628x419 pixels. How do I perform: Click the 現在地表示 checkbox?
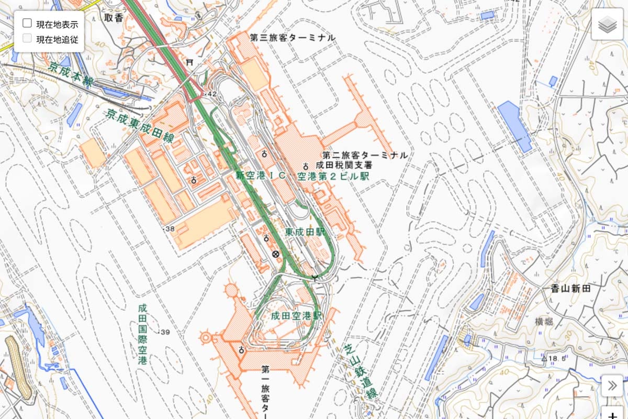click(x=27, y=24)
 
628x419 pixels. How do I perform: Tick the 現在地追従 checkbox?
click(x=27, y=38)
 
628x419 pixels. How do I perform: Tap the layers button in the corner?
click(x=607, y=24)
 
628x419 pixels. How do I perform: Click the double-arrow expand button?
click(x=612, y=386)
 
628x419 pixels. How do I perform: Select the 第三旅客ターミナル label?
click(x=292, y=38)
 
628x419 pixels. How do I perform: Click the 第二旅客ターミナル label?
click(x=365, y=156)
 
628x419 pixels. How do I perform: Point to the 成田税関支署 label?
click(x=342, y=166)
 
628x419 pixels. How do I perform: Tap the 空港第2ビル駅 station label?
click(x=333, y=177)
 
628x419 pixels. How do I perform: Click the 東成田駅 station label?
click(x=305, y=231)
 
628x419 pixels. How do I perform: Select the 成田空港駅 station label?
click(x=296, y=316)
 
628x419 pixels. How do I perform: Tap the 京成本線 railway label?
click(x=71, y=75)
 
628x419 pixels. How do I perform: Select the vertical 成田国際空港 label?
click(x=142, y=334)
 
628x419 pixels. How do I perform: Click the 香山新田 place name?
click(x=570, y=289)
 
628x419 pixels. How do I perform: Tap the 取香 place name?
click(x=113, y=17)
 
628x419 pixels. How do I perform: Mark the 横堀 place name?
click(x=543, y=321)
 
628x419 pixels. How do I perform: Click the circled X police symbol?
click(x=275, y=255)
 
